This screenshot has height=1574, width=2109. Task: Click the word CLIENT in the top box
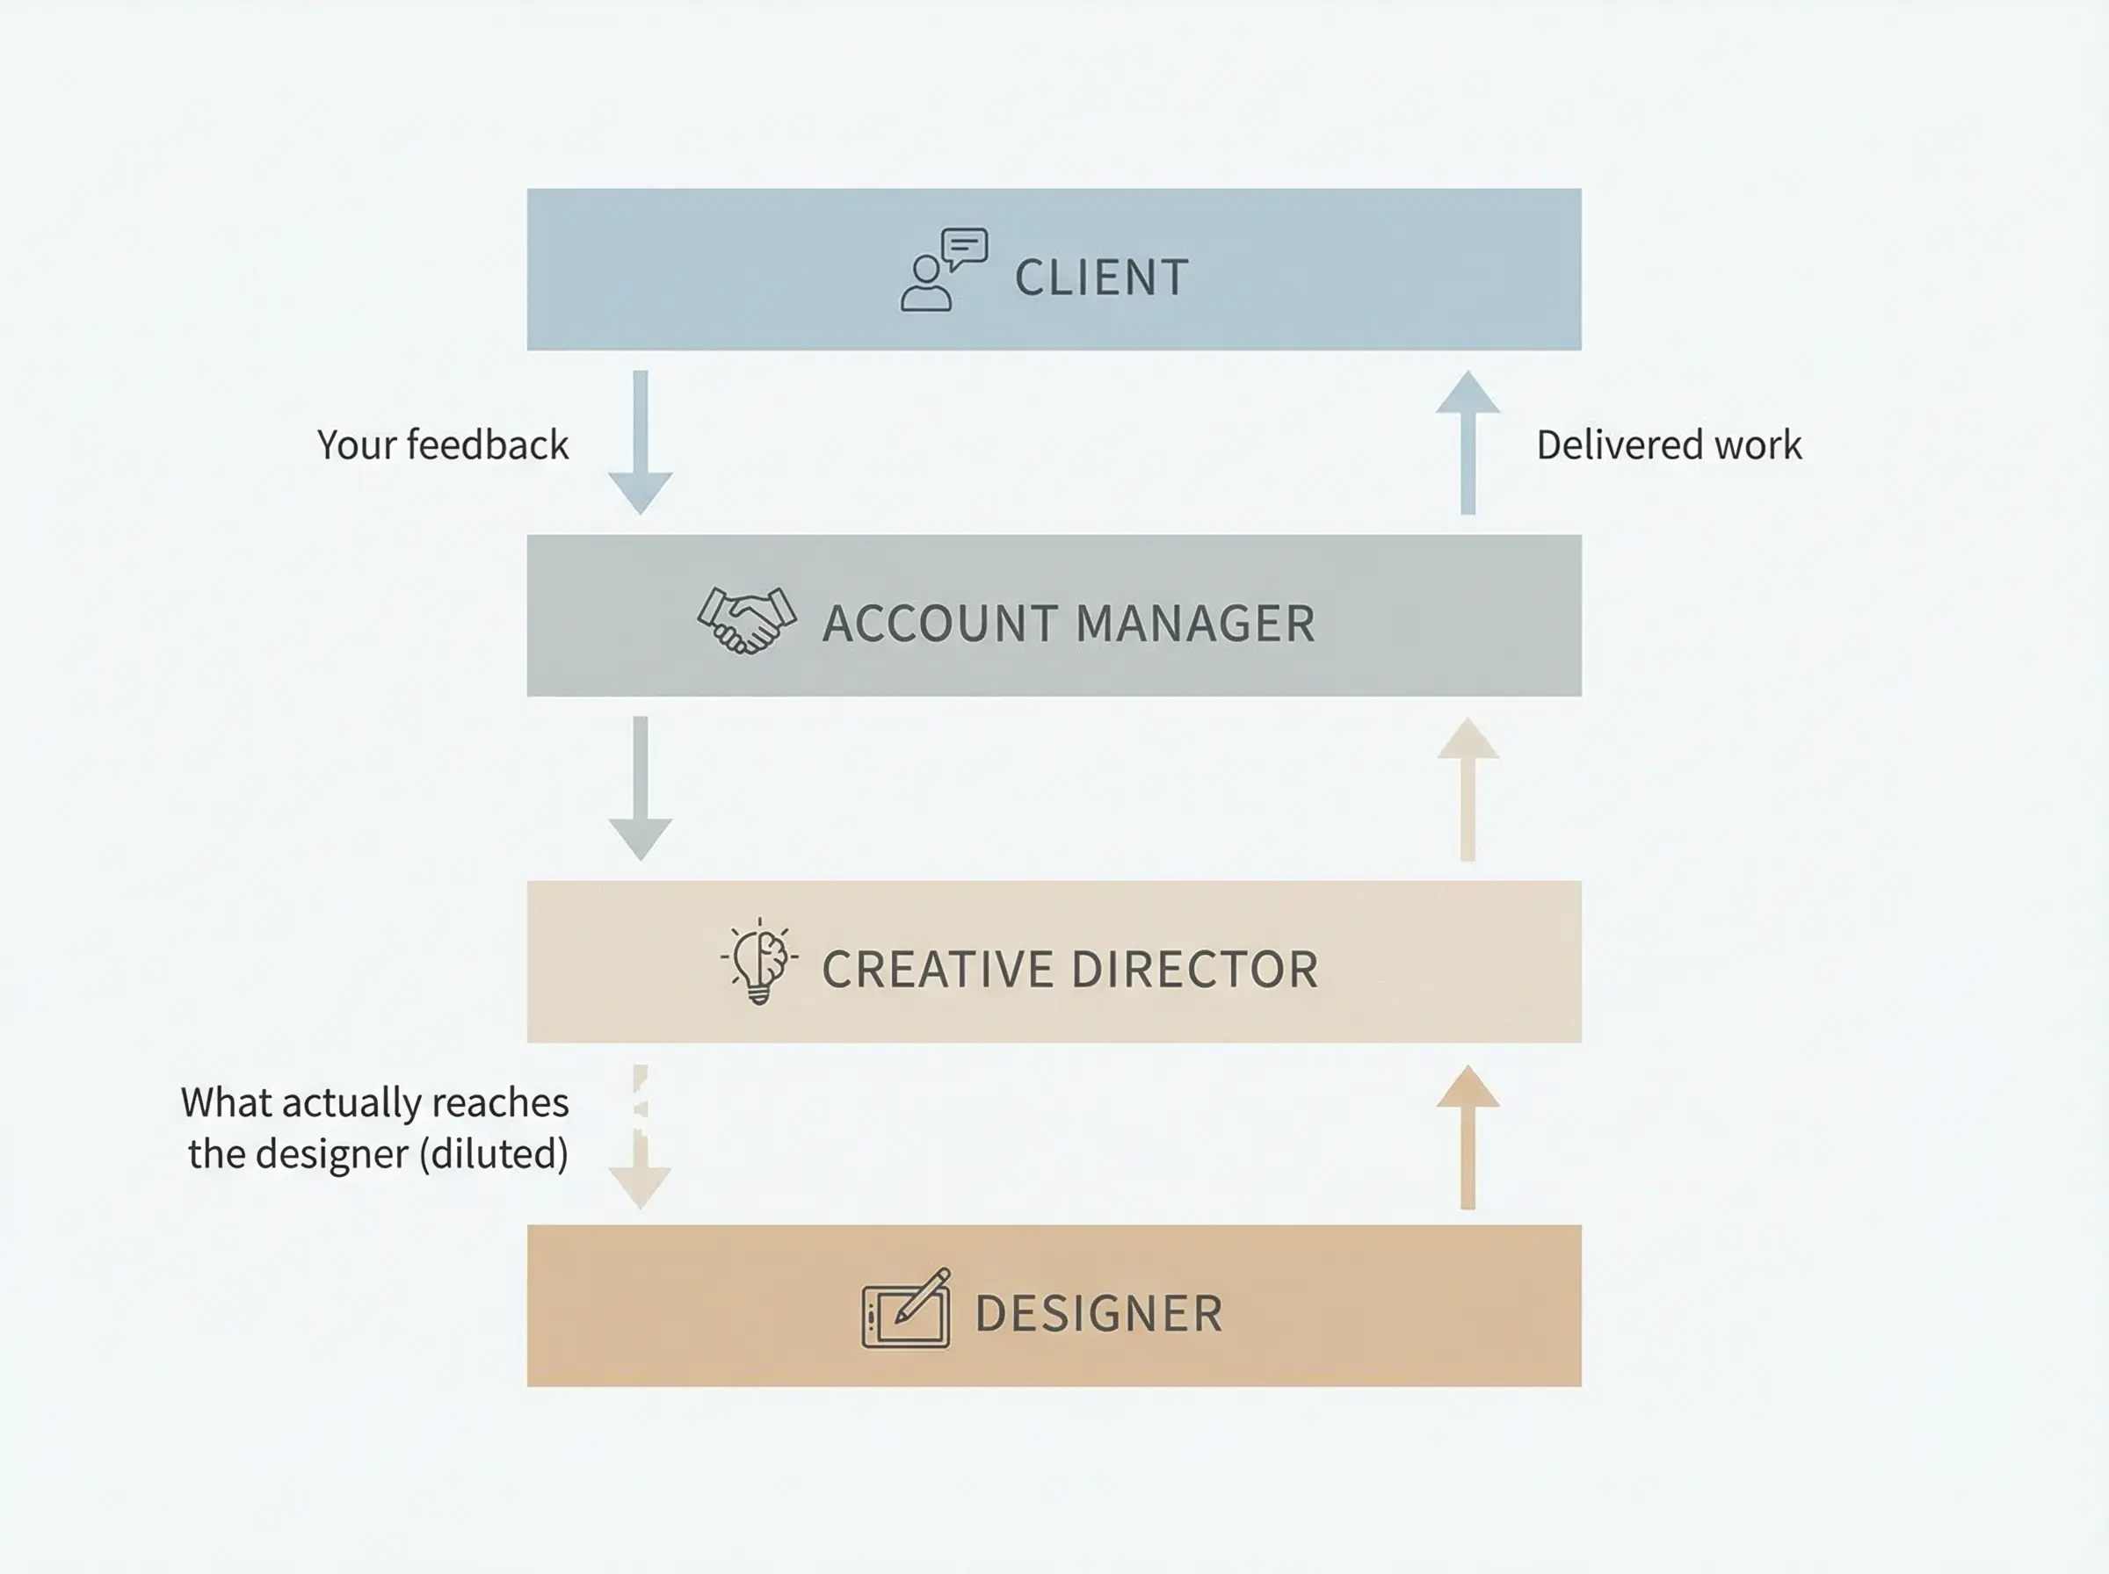(x=1102, y=278)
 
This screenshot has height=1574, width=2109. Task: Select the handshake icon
(x=746, y=620)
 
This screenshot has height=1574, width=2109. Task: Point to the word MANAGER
(x=1195, y=625)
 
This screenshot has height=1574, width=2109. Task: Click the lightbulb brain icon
(x=758, y=960)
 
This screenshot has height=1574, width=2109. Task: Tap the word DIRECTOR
(x=1195, y=970)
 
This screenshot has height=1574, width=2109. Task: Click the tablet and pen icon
(x=906, y=1309)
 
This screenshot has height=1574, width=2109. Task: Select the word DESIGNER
(x=1098, y=1315)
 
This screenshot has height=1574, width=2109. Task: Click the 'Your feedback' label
(x=442, y=445)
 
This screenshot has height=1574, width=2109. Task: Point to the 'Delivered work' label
(x=1669, y=445)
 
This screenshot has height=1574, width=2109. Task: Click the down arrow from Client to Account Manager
(x=641, y=443)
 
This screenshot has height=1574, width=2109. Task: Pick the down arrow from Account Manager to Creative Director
(x=641, y=789)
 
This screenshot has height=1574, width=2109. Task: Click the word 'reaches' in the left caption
(x=499, y=1103)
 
